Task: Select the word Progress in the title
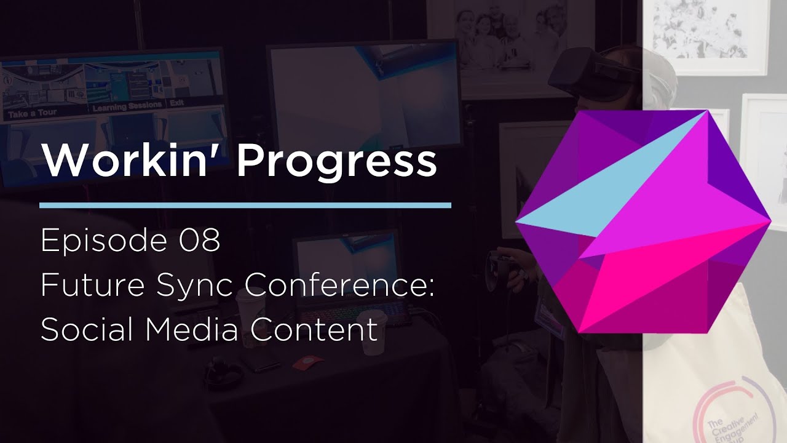click(x=336, y=162)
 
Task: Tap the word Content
click(x=314, y=330)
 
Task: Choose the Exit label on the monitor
click(x=177, y=103)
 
